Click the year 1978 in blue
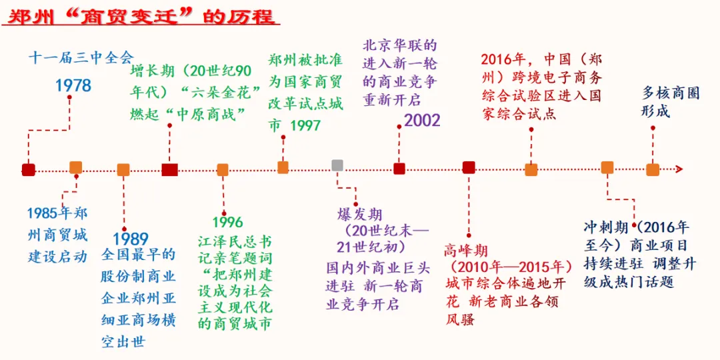(x=73, y=85)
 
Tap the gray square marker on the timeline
(x=337, y=165)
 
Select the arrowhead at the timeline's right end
(x=678, y=169)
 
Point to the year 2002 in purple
(x=422, y=121)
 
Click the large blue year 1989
(x=130, y=239)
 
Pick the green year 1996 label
(x=228, y=223)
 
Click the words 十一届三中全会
(x=81, y=57)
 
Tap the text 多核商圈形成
(x=670, y=102)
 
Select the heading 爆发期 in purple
(x=360, y=215)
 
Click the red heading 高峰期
(x=466, y=251)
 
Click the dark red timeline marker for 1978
(x=28, y=170)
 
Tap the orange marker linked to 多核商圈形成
(x=653, y=169)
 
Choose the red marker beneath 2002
(x=399, y=169)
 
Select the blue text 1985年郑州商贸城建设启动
(x=57, y=235)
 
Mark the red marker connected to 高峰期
(x=469, y=167)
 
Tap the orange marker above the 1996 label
(x=223, y=170)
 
